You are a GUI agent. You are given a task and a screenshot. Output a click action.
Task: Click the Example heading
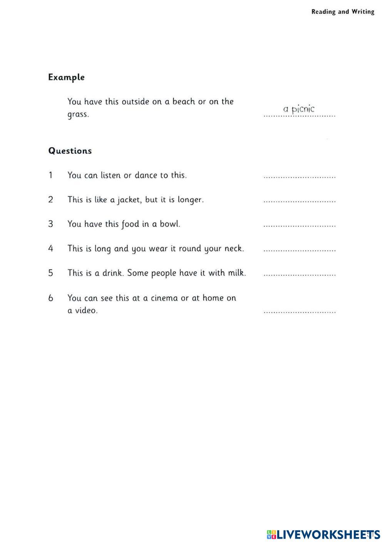(66, 77)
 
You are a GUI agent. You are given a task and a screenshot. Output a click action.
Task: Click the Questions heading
(70, 151)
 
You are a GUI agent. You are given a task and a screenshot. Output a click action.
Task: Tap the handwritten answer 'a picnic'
(299, 110)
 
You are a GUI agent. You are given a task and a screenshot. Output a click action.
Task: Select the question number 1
(50, 175)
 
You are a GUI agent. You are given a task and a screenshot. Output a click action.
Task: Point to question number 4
(50, 249)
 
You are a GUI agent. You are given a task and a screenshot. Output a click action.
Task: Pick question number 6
(50, 298)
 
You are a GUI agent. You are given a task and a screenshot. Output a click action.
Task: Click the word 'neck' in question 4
(234, 249)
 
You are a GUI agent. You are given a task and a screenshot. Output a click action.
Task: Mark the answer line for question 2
(299, 201)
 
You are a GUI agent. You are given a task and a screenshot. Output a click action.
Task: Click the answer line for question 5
(299, 275)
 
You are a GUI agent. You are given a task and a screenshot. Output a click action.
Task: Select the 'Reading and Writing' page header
(343, 12)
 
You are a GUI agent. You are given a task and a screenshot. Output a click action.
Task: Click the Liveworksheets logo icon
(271, 534)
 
